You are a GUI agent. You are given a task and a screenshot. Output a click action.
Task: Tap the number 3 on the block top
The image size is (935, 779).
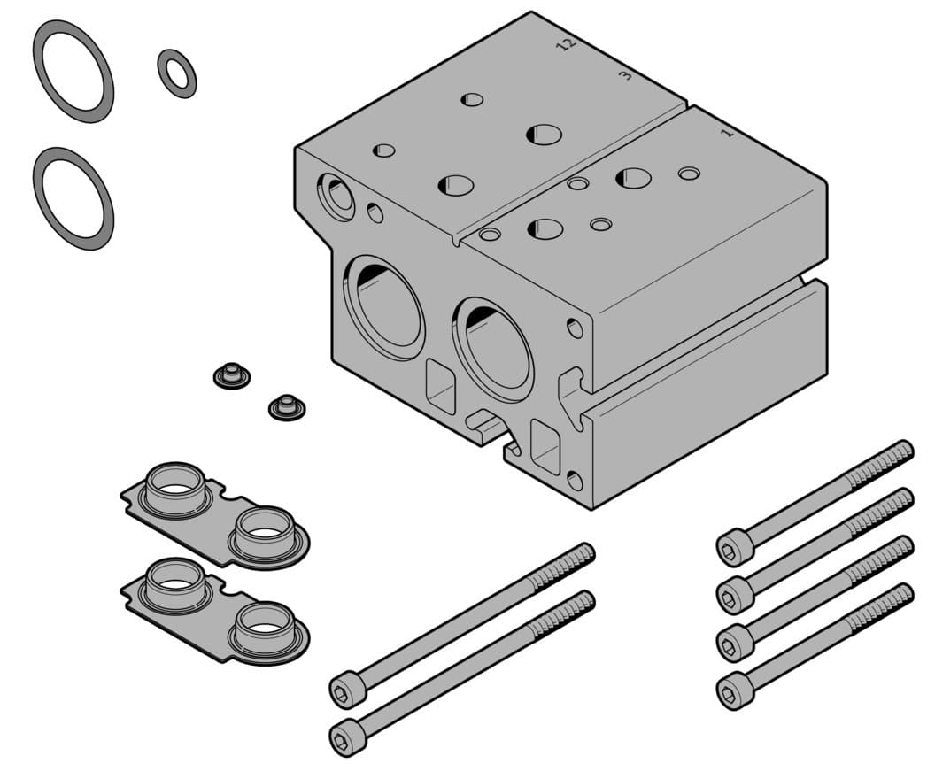point(625,75)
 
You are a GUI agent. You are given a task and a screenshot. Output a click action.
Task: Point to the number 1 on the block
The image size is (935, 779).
point(727,133)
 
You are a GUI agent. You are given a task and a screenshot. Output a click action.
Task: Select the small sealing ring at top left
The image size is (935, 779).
point(177,73)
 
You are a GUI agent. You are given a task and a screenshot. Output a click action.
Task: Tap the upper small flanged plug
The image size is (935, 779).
point(231,374)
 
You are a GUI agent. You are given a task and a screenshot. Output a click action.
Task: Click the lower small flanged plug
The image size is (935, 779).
point(286,408)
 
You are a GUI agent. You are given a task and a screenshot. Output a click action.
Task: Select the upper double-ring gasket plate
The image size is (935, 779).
point(215,513)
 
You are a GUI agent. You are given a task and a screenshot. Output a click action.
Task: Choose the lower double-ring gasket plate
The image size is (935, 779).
point(215,608)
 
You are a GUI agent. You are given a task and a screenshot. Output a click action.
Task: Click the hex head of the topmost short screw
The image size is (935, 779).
point(734,546)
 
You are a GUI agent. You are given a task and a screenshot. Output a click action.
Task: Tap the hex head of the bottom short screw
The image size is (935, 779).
point(734,690)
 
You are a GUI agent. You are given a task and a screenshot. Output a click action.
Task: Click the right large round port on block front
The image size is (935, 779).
point(494,348)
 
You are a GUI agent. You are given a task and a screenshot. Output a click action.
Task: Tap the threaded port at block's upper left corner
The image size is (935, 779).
point(336,195)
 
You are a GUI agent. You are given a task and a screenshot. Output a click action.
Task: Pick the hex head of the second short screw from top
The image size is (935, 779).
point(734,593)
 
